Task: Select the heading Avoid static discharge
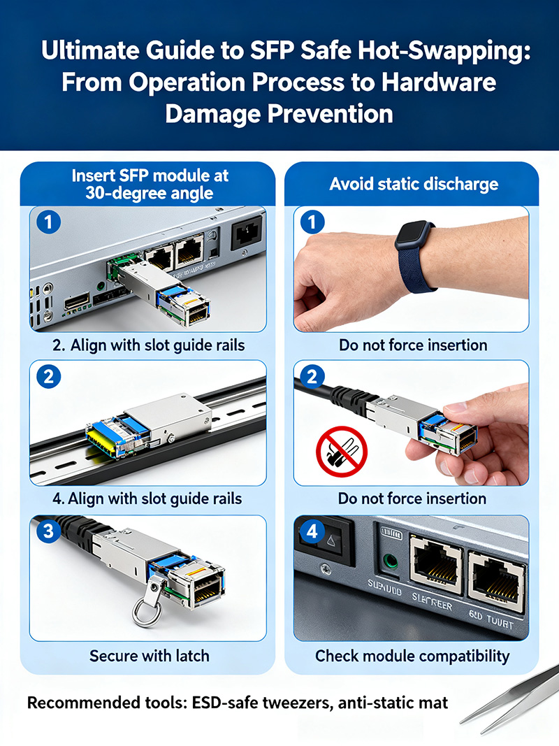pos(414,184)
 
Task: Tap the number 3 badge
pos(48,532)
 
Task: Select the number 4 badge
pos(312,533)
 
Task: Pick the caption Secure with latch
pos(149,656)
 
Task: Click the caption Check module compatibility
pos(412,656)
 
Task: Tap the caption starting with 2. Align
pos(148,345)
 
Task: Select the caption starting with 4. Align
pos(147,498)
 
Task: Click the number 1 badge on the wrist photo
pos(312,224)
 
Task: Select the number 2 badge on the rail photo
pos(48,378)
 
